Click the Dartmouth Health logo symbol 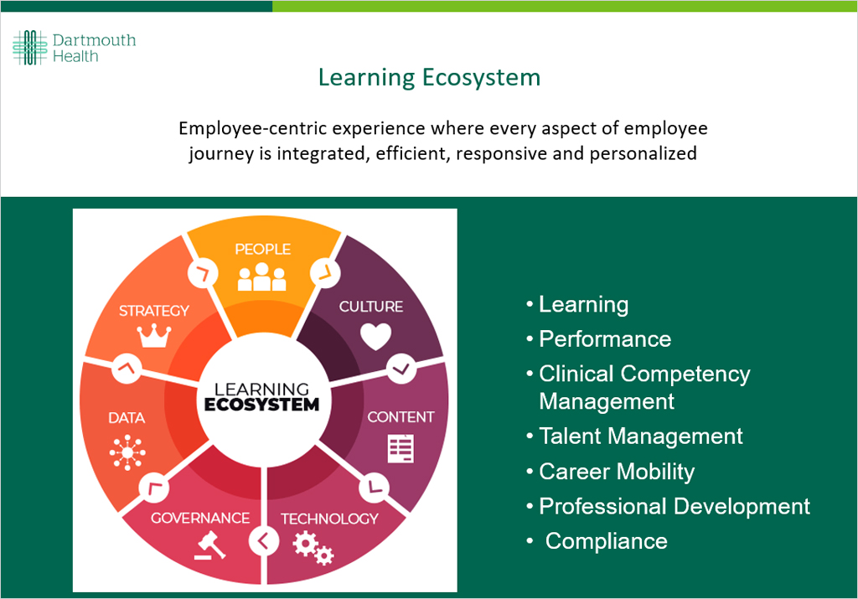[29, 48]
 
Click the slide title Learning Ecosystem [429, 78]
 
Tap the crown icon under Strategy [153, 336]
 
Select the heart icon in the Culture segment [375, 336]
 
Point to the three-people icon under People [261, 277]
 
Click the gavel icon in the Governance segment [210, 545]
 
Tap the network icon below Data [127, 453]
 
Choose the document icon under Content [401, 448]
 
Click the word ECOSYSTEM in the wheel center [262, 404]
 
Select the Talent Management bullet [641, 436]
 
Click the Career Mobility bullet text [617, 472]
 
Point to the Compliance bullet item [606, 541]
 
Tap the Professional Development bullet [675, 506]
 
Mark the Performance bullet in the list [605, 338]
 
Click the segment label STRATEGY [154, 311]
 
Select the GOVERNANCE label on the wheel [200, 519]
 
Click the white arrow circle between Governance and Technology [264, 541]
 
